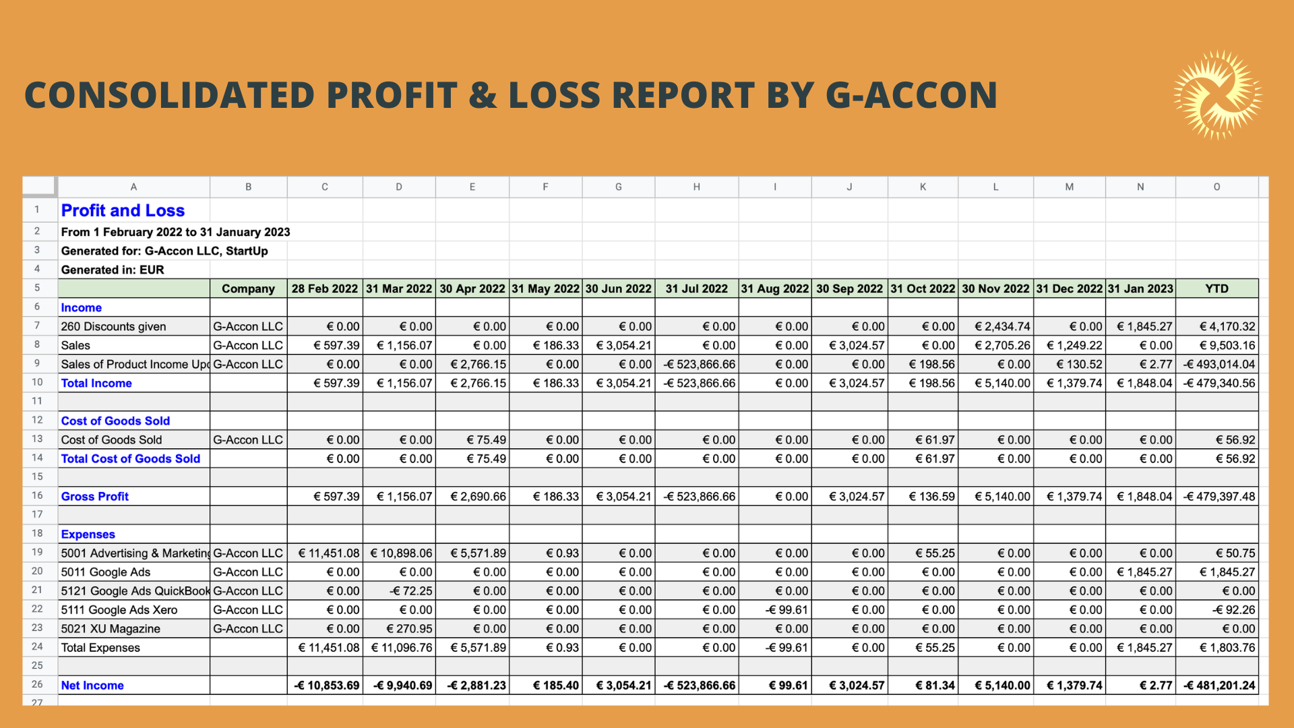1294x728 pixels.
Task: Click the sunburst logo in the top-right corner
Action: pyautogui.click(x=1218, y=94)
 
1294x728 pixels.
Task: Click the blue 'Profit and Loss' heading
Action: pyautogui.click(x=123, y=210)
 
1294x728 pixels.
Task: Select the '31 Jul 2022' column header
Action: pyautogui.click(x=696, y=289)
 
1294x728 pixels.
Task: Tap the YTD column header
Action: pyautogui.click(x=1216, y=289)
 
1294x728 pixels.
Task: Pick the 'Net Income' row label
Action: pyautogui.click(x=92, y=686)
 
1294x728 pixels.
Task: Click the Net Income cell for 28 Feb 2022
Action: pyautogui.click(x=326, y=686)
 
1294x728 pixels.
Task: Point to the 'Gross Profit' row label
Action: pyautogui.click(x=94, y=497)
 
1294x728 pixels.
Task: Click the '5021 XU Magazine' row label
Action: pyautogui.click(x=111, y=629)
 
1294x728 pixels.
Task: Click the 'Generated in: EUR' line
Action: pyautogui.click(x=113, y=270)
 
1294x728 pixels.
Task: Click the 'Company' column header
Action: pyautogui.click(x=248, y=289)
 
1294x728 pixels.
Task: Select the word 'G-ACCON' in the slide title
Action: pyautogui.click(x=911, y=95)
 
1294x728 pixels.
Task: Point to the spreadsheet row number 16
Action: pyautogui.click(x=37, y=495)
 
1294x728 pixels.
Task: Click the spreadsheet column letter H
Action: pyautogui.click(x=696, y=187)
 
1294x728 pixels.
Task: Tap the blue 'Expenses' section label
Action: pyautogui.click(x=88, y=535)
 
